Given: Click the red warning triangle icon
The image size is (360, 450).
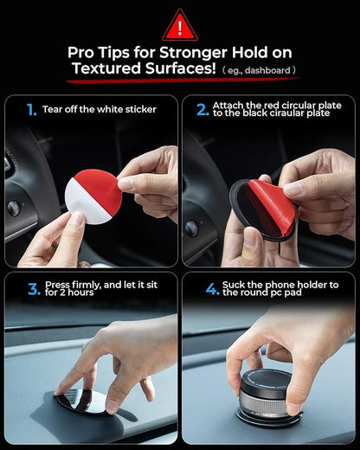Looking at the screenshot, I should point(180,25).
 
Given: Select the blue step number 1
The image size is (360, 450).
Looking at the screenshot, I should point(31,110).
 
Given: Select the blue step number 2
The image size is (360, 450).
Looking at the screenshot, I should point(202,110).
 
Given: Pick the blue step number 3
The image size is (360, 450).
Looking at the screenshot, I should point(33,288).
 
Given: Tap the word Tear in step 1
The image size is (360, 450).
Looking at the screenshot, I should point(53,110).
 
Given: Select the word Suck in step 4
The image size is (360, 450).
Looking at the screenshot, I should point(236,284).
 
